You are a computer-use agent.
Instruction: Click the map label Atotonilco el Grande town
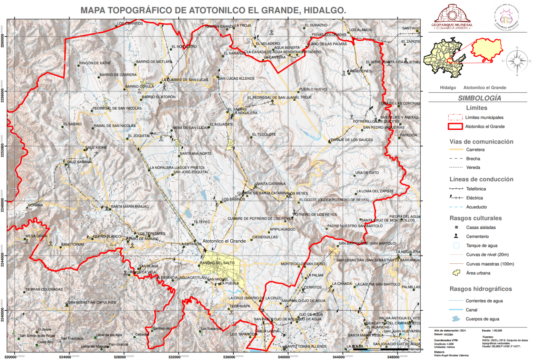[x=224, y=241]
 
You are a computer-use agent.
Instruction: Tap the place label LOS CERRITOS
[x=130, y=24]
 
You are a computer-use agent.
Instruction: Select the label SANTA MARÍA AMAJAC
[x=130, y=207]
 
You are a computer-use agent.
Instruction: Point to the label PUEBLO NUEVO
[x=313, y=89]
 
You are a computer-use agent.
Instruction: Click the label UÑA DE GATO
[x=367, y=173]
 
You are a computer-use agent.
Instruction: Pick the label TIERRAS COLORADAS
[x=44, y=289]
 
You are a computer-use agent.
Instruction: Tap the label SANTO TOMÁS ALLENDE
[x=306, y=346]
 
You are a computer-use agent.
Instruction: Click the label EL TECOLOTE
[x=264, y=134]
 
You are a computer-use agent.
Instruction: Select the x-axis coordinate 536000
[x=229, y=357]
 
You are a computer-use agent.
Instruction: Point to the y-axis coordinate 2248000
[x=3, y=201]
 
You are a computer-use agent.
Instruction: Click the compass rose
[x=517, y=61]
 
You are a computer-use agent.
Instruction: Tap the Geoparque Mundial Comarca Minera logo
[x=452, y=17]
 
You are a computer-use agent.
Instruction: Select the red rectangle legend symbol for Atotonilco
[x=455, y=127]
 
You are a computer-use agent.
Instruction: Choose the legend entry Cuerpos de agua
[x=482, y=319]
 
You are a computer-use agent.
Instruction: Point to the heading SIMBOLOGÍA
[x=479, y=98]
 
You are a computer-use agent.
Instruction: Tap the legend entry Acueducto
[x=476, y=207]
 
